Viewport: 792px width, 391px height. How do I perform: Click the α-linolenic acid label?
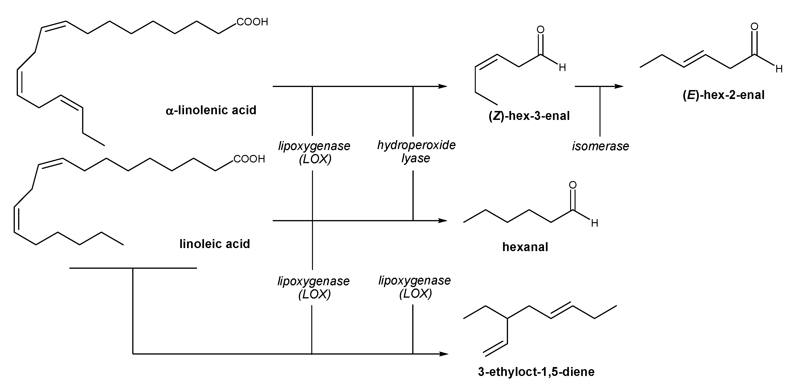pos(211,110)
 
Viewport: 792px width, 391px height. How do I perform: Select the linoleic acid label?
pos(215,244)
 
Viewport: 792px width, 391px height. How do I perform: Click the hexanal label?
pos(525,247)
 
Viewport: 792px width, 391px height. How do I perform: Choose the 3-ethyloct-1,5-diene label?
pos(536,372)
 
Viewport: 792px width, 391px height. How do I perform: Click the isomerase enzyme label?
pos(600,146)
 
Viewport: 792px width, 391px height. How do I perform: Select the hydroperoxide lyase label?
pos(416,151)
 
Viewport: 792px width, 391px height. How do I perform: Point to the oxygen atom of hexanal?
pos(572,185)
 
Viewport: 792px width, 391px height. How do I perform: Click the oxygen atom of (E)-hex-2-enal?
pos(754,26)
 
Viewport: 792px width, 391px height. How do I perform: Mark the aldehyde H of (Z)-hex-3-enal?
pos(562,67)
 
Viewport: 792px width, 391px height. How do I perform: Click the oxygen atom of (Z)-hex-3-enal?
pos(540,29)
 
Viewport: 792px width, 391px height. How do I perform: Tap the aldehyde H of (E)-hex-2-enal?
pos(779,69)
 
